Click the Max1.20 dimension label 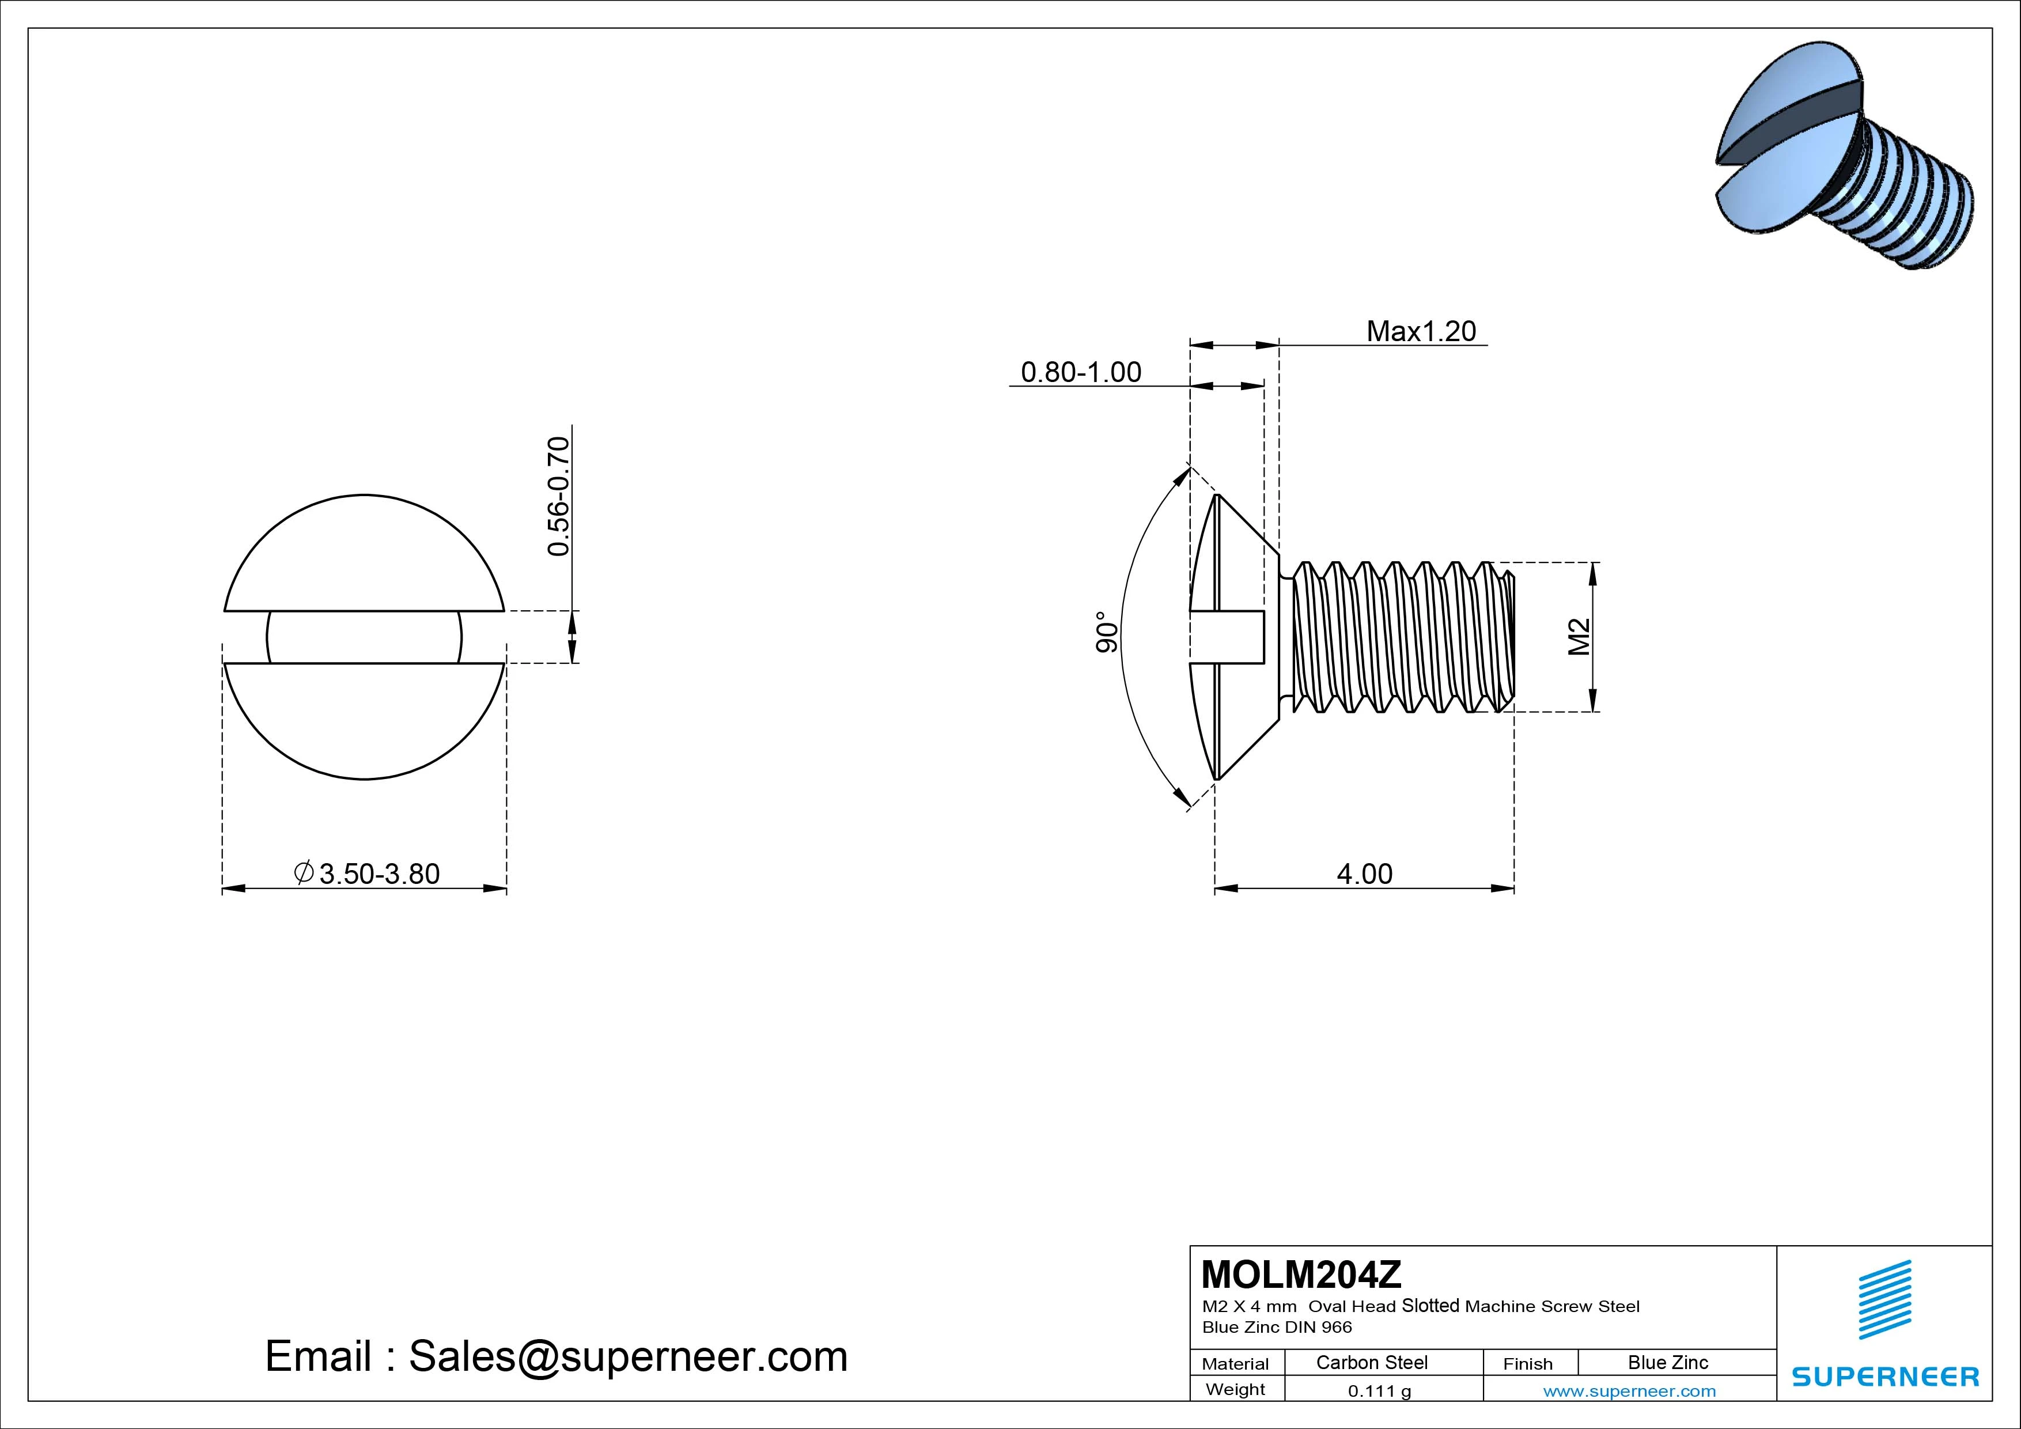1421,331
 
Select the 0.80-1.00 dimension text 1080,372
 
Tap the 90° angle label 1107,632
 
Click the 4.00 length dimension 1364,874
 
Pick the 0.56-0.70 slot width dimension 558,496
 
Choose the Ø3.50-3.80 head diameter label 366,874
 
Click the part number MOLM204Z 1301,1274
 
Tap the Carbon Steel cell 1371,1362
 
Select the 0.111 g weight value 1379,1391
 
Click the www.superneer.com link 1629,1391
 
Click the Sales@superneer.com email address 627,1356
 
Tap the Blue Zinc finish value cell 1667,1362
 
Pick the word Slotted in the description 1430,1306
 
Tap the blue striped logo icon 1884,1299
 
